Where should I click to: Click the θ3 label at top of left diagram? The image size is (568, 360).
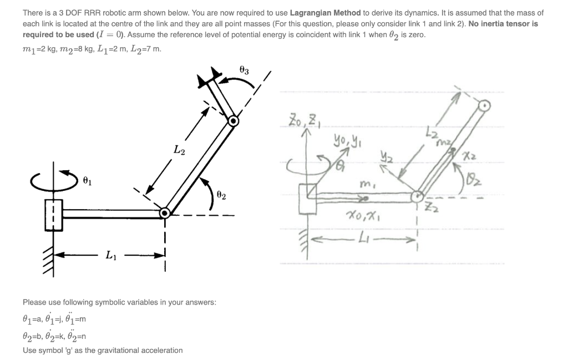(244, 70)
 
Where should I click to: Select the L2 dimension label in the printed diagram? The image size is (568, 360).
(180, 149)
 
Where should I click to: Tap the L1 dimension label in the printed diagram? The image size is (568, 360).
(111, 255)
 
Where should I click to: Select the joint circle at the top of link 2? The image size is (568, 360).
(234, 120)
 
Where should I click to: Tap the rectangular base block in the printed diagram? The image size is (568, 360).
(54, 214)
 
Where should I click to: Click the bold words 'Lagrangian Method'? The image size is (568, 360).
(326, 12)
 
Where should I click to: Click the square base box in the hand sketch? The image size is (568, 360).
(307, 198)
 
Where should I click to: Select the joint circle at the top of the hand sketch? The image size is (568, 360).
(485, 104)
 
